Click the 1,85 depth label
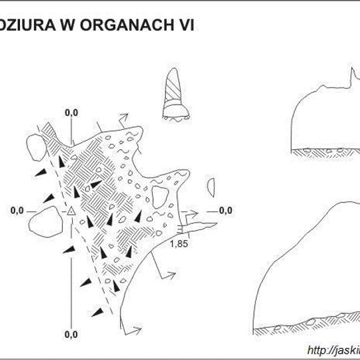[179, 244]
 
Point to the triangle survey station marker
[71, 211]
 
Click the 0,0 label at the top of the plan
[71, 113]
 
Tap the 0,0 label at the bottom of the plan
[71, 333]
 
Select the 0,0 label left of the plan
[18, 211]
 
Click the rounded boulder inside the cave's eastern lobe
[160, 196]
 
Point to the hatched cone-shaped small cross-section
[175, 97]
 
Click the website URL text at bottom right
[333, 349]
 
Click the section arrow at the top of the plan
[123, 117]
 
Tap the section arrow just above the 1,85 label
[191, 215]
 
